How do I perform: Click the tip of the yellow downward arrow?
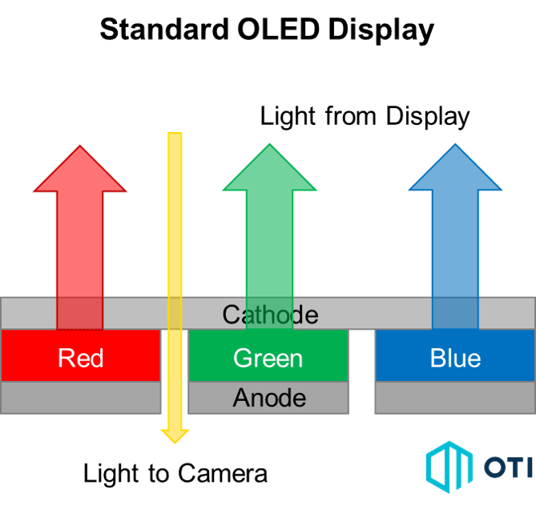[175, 437]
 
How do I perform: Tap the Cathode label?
[270, 314]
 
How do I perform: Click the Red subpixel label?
[80, 357]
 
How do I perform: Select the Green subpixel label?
[268, 357]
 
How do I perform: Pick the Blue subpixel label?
[455, 357]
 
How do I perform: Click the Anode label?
[269, 397]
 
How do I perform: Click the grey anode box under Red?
[80, 397]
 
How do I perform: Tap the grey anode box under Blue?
[455, 397]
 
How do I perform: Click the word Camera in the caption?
[224, 473]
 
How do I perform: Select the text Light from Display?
[365, 117]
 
